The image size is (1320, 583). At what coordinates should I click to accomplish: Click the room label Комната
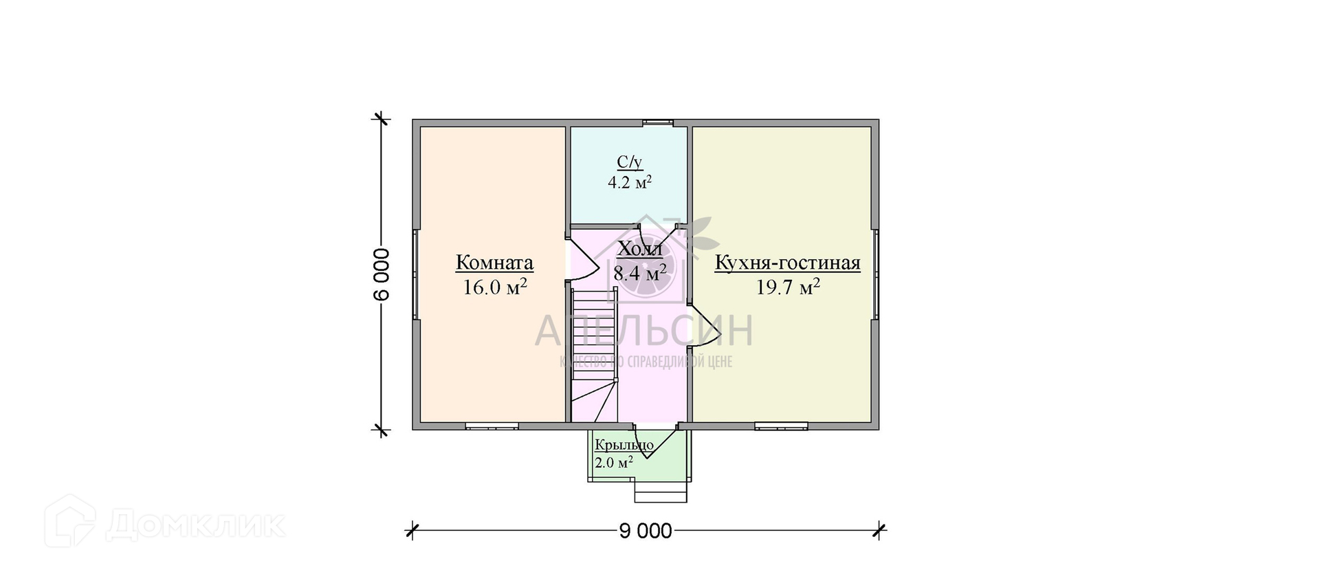[x=494, y=263]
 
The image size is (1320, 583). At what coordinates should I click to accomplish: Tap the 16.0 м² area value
[x=494, y=287]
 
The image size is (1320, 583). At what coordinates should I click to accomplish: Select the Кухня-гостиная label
[x=787, y=263]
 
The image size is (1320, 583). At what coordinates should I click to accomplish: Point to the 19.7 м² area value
[x=787, y=287]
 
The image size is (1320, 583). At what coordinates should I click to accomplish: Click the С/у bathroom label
[x=629, y=162]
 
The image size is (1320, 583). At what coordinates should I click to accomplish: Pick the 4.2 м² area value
[x=629, y=183]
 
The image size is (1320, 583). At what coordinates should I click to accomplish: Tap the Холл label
[x=640, y=249]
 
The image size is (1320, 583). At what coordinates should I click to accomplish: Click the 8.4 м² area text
[x=640, y=273]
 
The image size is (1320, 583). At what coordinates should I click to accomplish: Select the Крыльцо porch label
[x=624, y=445]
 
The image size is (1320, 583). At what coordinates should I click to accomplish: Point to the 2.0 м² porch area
[x=614, y=463]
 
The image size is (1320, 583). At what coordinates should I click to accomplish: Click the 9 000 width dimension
[x=645, y=531]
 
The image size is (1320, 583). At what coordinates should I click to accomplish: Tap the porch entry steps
[x=660, y=492]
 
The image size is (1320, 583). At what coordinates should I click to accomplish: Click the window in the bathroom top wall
[x=659, y=123]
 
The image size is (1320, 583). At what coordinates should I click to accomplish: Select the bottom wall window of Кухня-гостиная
[x=781, y=426]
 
